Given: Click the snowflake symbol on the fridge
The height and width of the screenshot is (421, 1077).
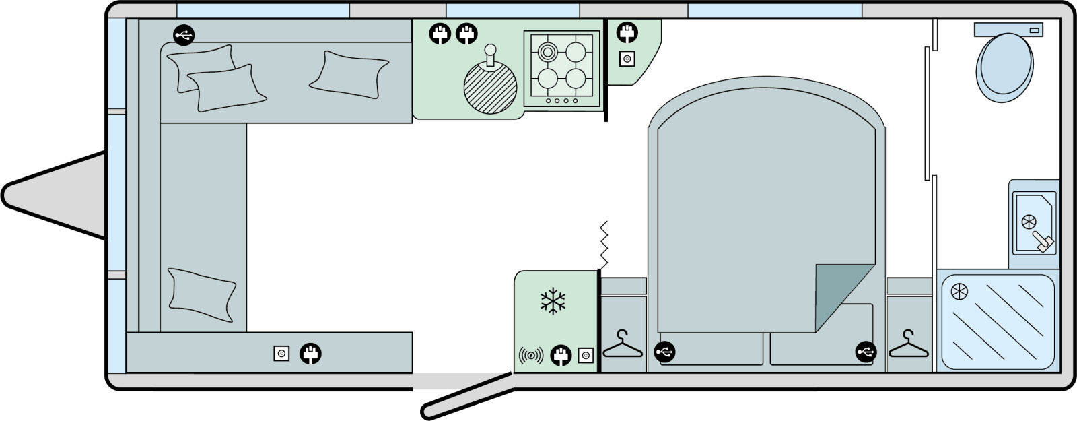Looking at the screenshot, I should point(553,301).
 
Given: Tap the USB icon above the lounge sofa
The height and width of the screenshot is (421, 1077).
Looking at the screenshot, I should point(183,35).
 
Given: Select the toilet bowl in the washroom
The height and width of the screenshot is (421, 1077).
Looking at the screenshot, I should point(1006,68).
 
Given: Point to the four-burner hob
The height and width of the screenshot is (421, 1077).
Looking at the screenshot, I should point(561,69).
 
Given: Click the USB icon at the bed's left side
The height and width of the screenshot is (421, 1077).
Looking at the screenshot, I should point(664,352).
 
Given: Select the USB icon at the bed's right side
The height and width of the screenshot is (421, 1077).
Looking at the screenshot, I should point(866,352).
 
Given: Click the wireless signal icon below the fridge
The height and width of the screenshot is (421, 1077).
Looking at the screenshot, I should point(530,355).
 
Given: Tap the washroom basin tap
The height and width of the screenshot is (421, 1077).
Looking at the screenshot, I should point(1043,242).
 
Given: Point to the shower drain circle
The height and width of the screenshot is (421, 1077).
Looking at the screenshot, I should point(959,292).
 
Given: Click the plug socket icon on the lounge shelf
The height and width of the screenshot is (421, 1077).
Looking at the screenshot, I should point(310,353).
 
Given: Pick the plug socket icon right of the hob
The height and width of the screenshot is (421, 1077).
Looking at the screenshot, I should point(627,32).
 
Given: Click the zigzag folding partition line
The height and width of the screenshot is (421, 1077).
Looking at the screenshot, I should point(604,245).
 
